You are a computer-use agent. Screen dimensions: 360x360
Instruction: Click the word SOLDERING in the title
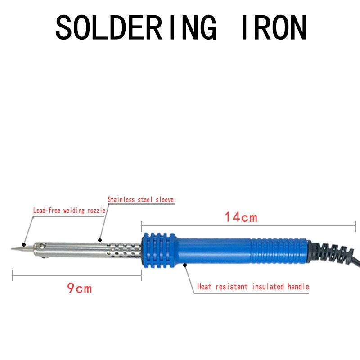136,27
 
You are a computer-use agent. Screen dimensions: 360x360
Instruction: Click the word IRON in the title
274,27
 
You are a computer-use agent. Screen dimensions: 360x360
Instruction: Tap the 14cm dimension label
241,217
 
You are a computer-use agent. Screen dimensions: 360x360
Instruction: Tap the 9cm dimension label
80,288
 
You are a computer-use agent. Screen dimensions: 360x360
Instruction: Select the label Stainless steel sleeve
141,199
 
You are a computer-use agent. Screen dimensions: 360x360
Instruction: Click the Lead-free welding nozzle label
69,211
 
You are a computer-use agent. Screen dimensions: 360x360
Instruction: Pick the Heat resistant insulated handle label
253,287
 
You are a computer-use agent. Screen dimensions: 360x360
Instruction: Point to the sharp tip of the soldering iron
12,249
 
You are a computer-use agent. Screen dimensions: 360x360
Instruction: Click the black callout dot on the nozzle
24,245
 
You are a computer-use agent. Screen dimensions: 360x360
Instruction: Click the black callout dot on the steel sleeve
100,240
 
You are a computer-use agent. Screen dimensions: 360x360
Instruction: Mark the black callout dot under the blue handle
185,265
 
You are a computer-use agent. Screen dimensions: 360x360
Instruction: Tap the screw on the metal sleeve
42,246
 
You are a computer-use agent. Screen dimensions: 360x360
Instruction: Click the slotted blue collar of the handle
158,250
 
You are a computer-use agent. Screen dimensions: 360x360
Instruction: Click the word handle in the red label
298,287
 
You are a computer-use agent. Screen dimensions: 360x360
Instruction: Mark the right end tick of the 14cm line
355,226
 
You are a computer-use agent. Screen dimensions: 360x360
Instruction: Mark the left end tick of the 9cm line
13,275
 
